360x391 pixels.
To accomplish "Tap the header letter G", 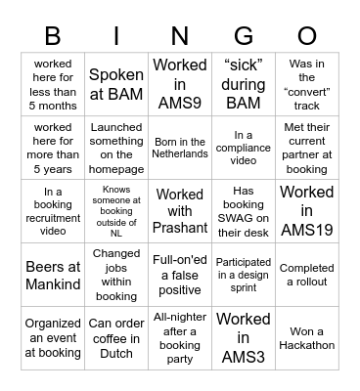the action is coord(243,36).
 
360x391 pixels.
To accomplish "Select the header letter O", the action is coord(306,36).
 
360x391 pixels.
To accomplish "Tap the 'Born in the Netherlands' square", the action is coord(180,147).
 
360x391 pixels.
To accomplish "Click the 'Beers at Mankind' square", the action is coord(54,274).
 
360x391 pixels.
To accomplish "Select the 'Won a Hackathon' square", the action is coord(307,336).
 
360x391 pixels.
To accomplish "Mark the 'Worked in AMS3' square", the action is coord(243,336).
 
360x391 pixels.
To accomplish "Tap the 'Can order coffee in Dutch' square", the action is coord(116,336).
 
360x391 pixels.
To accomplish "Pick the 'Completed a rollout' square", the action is coord(307,274).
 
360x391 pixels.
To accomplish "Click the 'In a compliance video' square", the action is coord(243,147).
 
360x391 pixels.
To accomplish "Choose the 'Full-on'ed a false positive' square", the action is coord(180,274).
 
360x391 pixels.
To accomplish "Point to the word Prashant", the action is coord(180,227).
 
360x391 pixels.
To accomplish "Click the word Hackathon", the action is coord(307,344).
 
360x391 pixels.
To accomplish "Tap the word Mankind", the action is coord(54,282).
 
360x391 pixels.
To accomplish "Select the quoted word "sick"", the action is coord(244,65).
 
